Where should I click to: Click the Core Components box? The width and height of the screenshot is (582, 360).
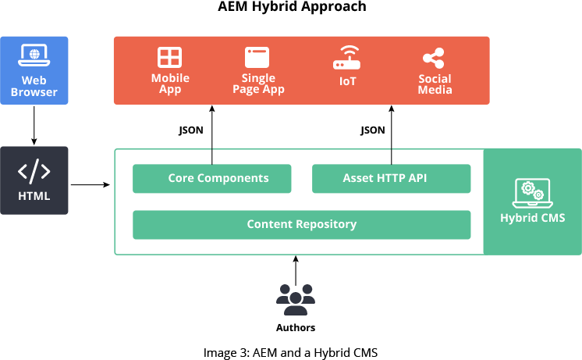212,178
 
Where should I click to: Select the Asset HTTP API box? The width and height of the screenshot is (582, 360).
391,178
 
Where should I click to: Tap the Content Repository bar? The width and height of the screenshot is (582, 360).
302,225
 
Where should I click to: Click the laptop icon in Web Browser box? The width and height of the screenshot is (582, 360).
34,55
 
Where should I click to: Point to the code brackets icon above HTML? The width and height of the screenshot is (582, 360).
34,171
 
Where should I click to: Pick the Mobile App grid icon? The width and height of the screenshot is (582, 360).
169,57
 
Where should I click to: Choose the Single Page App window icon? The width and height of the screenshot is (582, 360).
257,57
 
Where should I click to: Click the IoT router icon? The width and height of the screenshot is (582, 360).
346,58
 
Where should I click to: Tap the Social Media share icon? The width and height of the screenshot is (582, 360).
434,58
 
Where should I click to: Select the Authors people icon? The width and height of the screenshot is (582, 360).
296,299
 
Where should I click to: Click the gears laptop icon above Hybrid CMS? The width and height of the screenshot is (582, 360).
533,193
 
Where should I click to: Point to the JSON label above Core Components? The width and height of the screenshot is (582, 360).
191,130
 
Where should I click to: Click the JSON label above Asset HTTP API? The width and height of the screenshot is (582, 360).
373,130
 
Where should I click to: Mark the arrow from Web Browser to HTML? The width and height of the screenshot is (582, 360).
34,126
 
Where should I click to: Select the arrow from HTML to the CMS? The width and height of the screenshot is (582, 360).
90,184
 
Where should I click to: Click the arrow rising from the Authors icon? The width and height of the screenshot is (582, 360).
296,270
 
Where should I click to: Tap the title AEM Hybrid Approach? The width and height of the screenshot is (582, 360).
292,6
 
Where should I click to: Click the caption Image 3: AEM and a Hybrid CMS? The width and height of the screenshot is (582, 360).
291,352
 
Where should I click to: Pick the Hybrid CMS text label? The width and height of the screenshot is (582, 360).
533,218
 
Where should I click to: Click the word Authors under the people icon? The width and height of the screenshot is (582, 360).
296,328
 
